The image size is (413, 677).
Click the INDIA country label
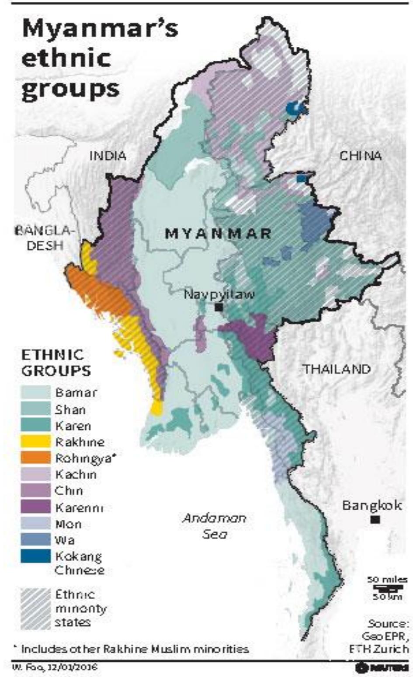click(x=108, y=156)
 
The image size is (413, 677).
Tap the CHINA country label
click(x=361, y=155)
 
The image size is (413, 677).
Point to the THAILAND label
click(x=337, y=370)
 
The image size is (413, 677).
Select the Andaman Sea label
click(x=214, y=526)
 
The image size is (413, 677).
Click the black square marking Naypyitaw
click(x=219, y=308)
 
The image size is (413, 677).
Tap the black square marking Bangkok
click(x=374, y=520)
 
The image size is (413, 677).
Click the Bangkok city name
click(x=371, y=506)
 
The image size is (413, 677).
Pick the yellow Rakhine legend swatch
click(x=35, y=442)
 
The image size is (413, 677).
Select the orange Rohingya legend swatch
click(x=35, y=458)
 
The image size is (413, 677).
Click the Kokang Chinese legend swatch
click(x=35, y=556)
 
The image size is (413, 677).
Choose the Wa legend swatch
click(x=35, y=540)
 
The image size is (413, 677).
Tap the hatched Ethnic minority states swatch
click(x=35, y=608)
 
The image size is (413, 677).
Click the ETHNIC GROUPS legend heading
click(x=56, y=363)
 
